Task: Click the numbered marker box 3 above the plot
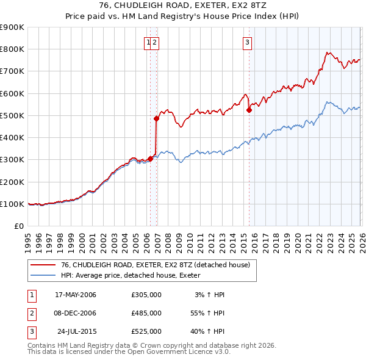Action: tap(247, 42)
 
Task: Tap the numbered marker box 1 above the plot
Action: tap(148, 42)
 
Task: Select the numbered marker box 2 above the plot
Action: tap(155, 42)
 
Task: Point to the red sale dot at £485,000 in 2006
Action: tap(157, 119)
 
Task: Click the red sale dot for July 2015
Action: tap(249, 110)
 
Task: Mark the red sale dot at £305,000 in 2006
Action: tap(151, 159)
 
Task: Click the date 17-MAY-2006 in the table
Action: tap(76, 295)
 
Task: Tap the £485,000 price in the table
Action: tap(146, 312)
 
